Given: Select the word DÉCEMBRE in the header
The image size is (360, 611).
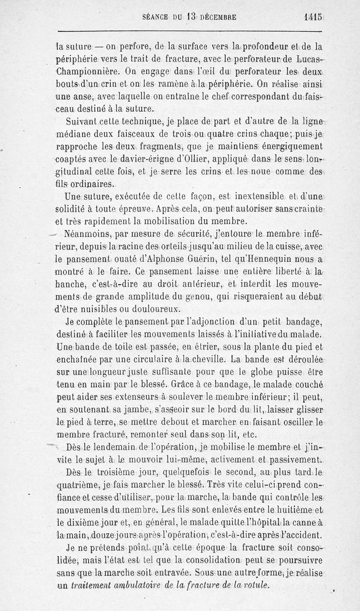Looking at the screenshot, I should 218,18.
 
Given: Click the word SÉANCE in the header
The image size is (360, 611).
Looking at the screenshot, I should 155,18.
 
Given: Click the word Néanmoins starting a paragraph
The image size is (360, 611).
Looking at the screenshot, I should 87,234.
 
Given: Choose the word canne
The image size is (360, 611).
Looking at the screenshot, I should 304,523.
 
